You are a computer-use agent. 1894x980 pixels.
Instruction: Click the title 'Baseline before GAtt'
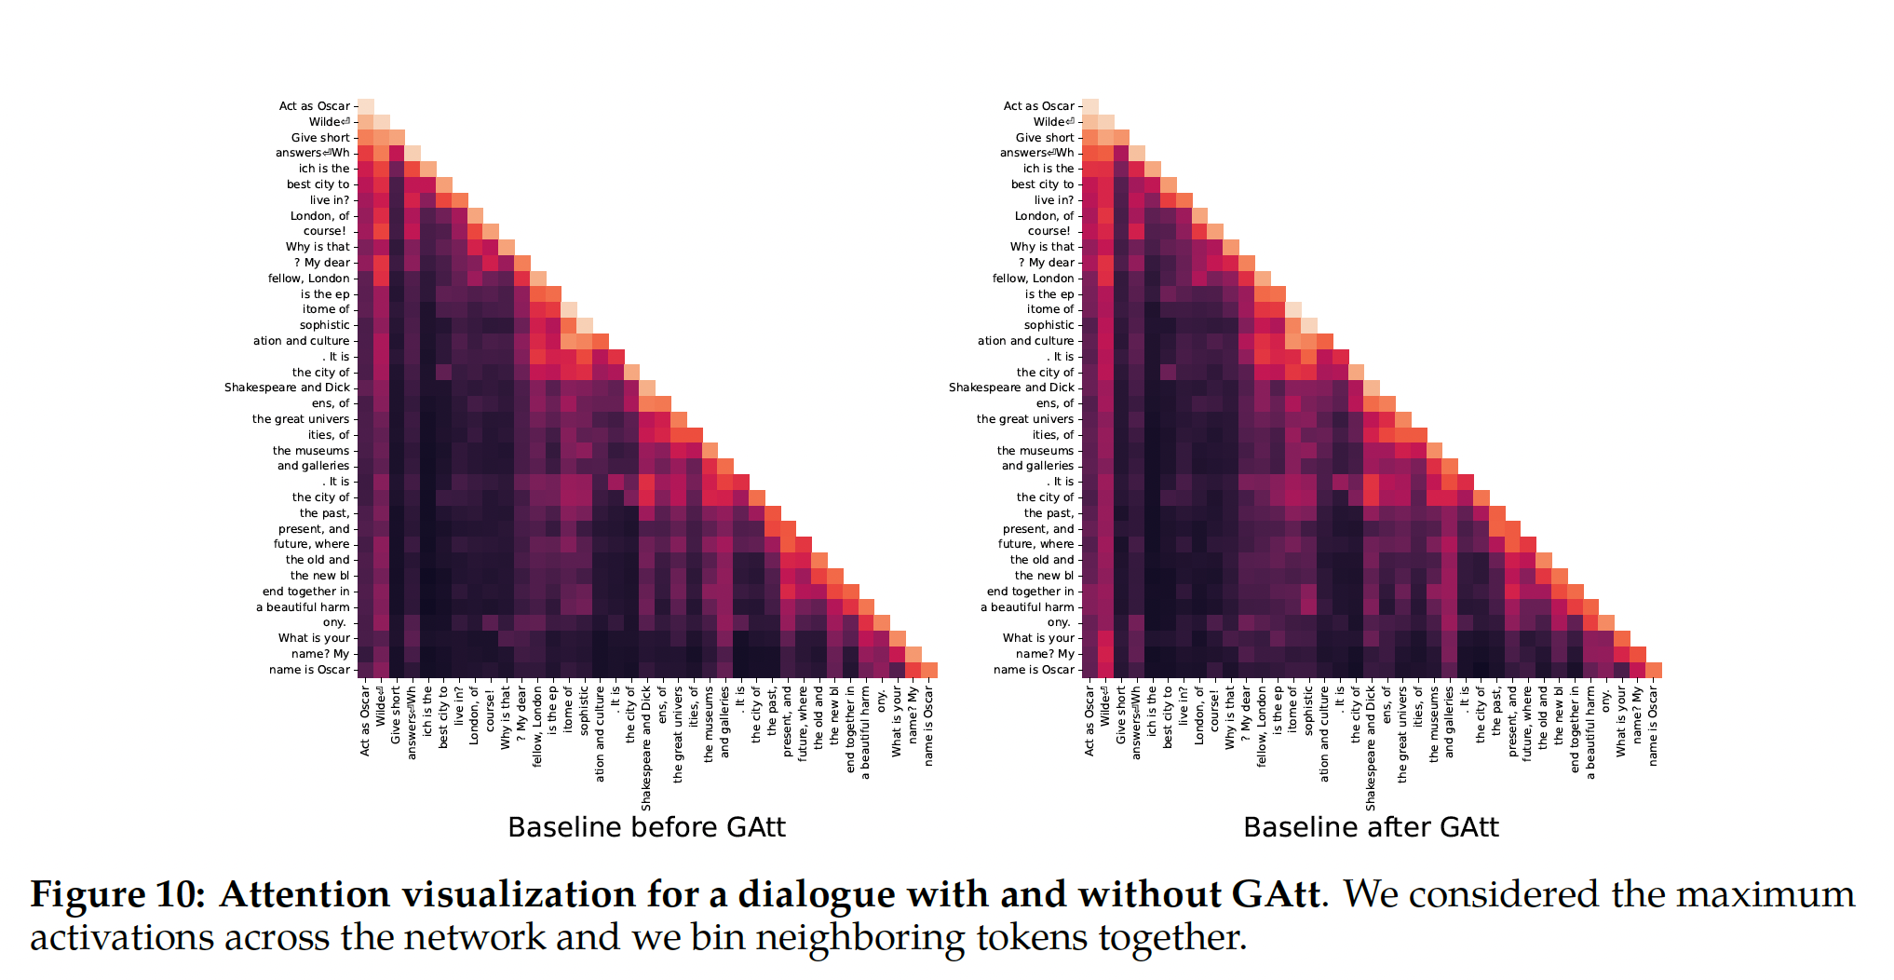tap(646, 827)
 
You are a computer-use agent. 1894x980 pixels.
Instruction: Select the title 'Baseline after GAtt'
tap(1371, 827)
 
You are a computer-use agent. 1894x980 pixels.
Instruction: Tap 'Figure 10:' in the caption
tap(117, 894)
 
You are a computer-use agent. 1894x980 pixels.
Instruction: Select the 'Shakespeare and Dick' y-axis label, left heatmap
tap(287, 388)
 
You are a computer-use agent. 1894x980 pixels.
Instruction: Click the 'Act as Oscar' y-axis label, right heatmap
tap(1038, 106)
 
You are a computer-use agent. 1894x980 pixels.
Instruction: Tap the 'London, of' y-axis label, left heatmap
tap(319, 216)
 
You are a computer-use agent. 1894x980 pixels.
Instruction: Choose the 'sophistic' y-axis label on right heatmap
tap(1048, 325)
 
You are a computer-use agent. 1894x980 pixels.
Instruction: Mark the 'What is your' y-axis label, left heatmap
tap(314, 638)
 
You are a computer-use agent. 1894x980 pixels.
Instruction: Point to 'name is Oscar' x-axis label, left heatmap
tap(928, 728)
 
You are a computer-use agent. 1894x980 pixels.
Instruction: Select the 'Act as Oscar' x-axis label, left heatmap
tap(365, 721)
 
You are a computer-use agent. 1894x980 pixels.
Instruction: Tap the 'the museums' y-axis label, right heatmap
tap(1035, 451)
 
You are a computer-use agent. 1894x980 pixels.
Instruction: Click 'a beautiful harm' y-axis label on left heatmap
tap(303, 607)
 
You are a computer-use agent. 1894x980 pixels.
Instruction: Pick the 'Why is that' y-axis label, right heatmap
tap(1042, 247)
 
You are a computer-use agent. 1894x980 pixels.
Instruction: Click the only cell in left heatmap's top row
tap(366, 106)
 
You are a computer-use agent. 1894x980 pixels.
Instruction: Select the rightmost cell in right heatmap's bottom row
tap(1654, 670)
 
